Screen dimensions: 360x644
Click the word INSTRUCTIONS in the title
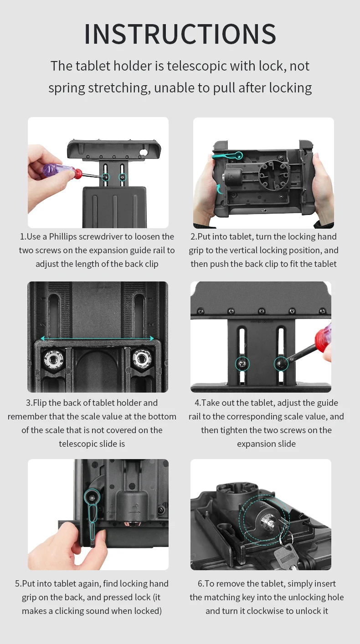(x=180, y=34)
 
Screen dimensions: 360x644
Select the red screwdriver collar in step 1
(x=77, y=174)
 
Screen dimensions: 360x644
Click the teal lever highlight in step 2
(x=227, y=156)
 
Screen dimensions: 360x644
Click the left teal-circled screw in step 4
(x=242, y=364)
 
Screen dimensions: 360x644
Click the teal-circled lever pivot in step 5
(x=92, y=498)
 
